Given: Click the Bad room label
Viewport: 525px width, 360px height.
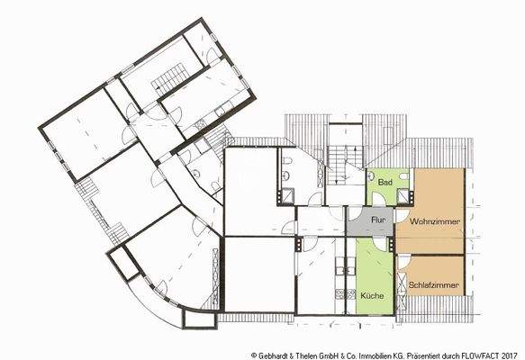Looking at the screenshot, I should (x=385, y=183).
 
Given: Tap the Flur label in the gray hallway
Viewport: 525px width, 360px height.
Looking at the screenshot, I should (x=379, y=220).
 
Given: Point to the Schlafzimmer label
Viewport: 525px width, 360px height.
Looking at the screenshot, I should (x=434, y=285).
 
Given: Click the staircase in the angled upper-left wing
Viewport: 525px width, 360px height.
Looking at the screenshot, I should (x=171, y=80).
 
